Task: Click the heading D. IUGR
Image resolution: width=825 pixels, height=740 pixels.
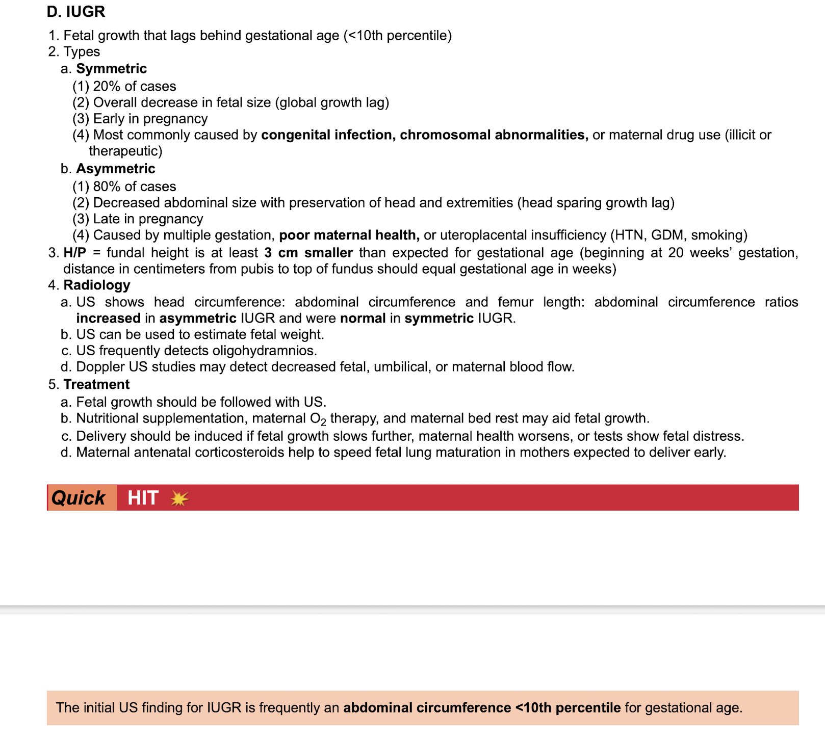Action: click(76, 11)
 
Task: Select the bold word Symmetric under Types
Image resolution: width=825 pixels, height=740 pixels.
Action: click(111, 69)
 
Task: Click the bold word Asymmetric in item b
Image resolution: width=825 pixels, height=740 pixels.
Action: click(116, 169)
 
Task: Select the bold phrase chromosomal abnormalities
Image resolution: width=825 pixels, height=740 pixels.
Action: click(494, 135)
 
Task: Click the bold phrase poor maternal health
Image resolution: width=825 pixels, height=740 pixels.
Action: click(349, 235)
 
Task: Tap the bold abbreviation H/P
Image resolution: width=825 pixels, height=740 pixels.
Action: click(75, 253)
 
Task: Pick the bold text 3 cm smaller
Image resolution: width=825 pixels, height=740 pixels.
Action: click(308, 253)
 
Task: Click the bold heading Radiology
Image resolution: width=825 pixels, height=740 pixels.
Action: click(97, 285)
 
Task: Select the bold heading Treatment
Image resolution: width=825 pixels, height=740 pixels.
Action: click(96, 384)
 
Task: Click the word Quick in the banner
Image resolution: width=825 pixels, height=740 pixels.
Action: click(79, 498)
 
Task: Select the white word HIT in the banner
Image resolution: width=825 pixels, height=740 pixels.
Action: click(143, 498)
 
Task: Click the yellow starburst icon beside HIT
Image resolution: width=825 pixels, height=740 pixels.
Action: click(179, 498)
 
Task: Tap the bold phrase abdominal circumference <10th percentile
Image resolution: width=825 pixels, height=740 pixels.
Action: click(481, 708)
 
